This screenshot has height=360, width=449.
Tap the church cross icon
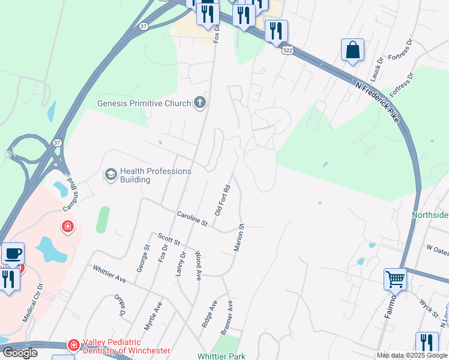(x=200, y=103)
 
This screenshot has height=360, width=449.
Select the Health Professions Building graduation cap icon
(x=110, y=175)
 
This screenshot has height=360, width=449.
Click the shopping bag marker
(x=352, y=50)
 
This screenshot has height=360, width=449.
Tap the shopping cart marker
(x=395, y=278)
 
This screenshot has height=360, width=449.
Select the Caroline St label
(x=191, y=218)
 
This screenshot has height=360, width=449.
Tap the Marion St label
(x=238, y=238)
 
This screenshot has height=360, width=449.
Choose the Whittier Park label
(x=221, y=356)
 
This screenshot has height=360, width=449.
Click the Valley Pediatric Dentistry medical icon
(x=73, y=345)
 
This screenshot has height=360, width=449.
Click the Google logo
(x=20, y=353)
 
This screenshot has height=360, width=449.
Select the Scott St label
(x=169, y=241)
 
